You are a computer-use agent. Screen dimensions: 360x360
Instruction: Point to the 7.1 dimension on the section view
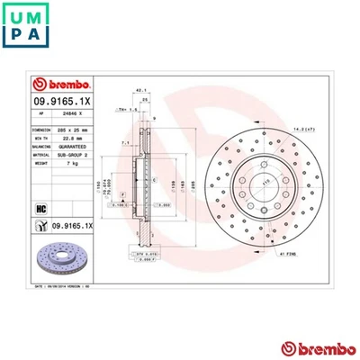point(126,141)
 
